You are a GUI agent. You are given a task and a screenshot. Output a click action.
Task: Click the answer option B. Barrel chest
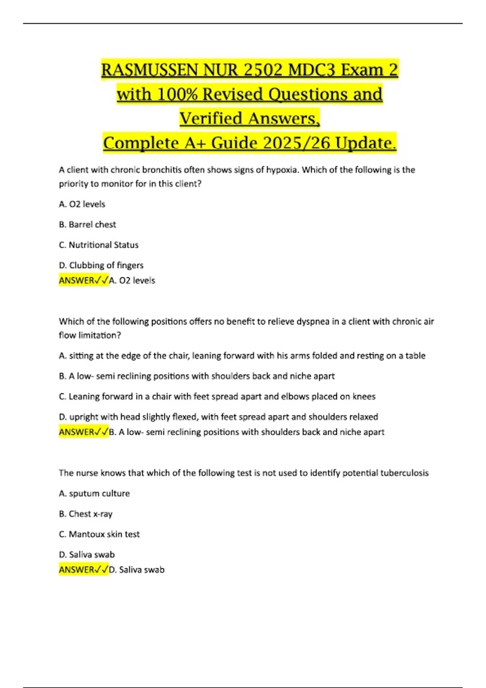tap(87, 225)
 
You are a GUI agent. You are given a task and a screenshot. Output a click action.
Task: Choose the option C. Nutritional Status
tap(99, 245)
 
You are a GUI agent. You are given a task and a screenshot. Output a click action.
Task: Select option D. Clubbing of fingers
tap(101, 265)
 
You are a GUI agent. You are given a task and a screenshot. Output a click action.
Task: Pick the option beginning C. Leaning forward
tap(217, 397)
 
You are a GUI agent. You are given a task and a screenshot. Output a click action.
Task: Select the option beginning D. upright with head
tap(218, 417)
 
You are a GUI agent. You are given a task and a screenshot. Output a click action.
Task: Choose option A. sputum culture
tap(94, 494)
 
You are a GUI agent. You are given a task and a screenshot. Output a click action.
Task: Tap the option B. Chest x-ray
tap(86, 514)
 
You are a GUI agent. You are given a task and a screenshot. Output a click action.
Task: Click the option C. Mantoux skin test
tap(99, 534)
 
